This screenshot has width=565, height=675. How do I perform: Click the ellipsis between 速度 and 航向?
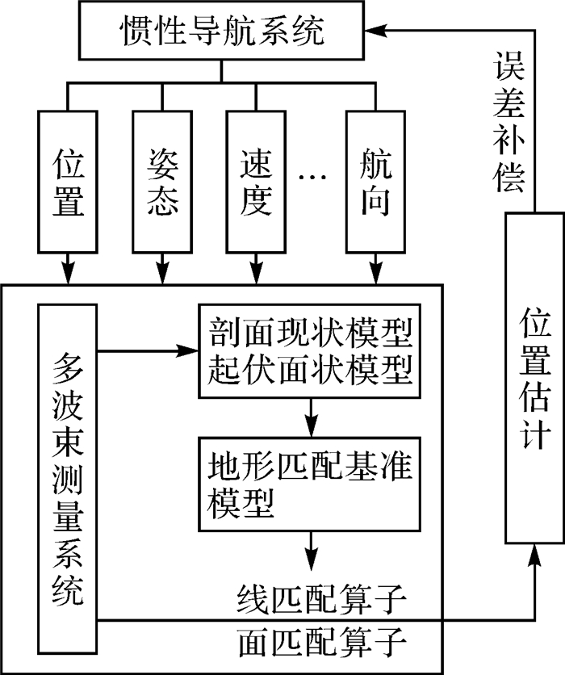tap(313, 177)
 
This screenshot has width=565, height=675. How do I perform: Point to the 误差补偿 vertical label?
tap(509, 122)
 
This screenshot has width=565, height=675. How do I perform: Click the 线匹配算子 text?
tap(322, 599)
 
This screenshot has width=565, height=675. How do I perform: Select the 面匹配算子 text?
tap(322, 641)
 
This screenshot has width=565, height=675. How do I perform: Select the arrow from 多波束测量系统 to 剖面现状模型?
tap(148, 351)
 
